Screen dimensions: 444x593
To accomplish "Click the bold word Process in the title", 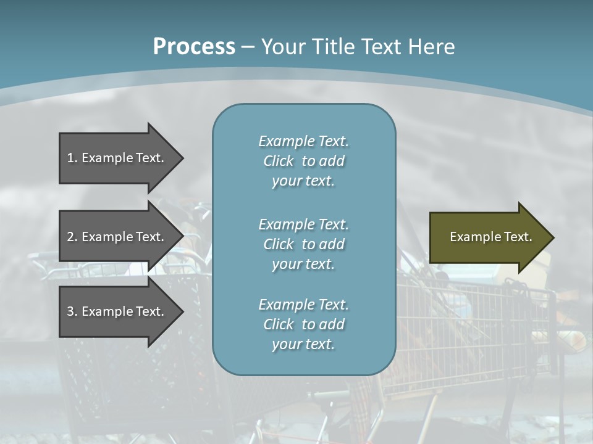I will point(194,47).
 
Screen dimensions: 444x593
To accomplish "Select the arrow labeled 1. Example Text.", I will point(117,158).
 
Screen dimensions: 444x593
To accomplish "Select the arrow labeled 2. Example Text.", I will point(117,237).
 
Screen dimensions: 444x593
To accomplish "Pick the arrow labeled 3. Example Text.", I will point(117,311).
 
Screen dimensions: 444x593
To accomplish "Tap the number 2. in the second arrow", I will point(72,237).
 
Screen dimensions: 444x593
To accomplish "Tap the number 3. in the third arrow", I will point(72,311).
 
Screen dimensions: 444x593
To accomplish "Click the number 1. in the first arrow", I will point(72,158).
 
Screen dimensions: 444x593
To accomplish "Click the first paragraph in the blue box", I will point(303,161).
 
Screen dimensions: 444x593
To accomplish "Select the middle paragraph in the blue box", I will point(303,244).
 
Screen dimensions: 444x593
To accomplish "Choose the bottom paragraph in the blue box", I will point(303,324).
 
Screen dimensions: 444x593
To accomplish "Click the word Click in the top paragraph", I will point(278,161).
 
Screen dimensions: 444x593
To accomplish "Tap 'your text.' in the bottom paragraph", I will point(303,344).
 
